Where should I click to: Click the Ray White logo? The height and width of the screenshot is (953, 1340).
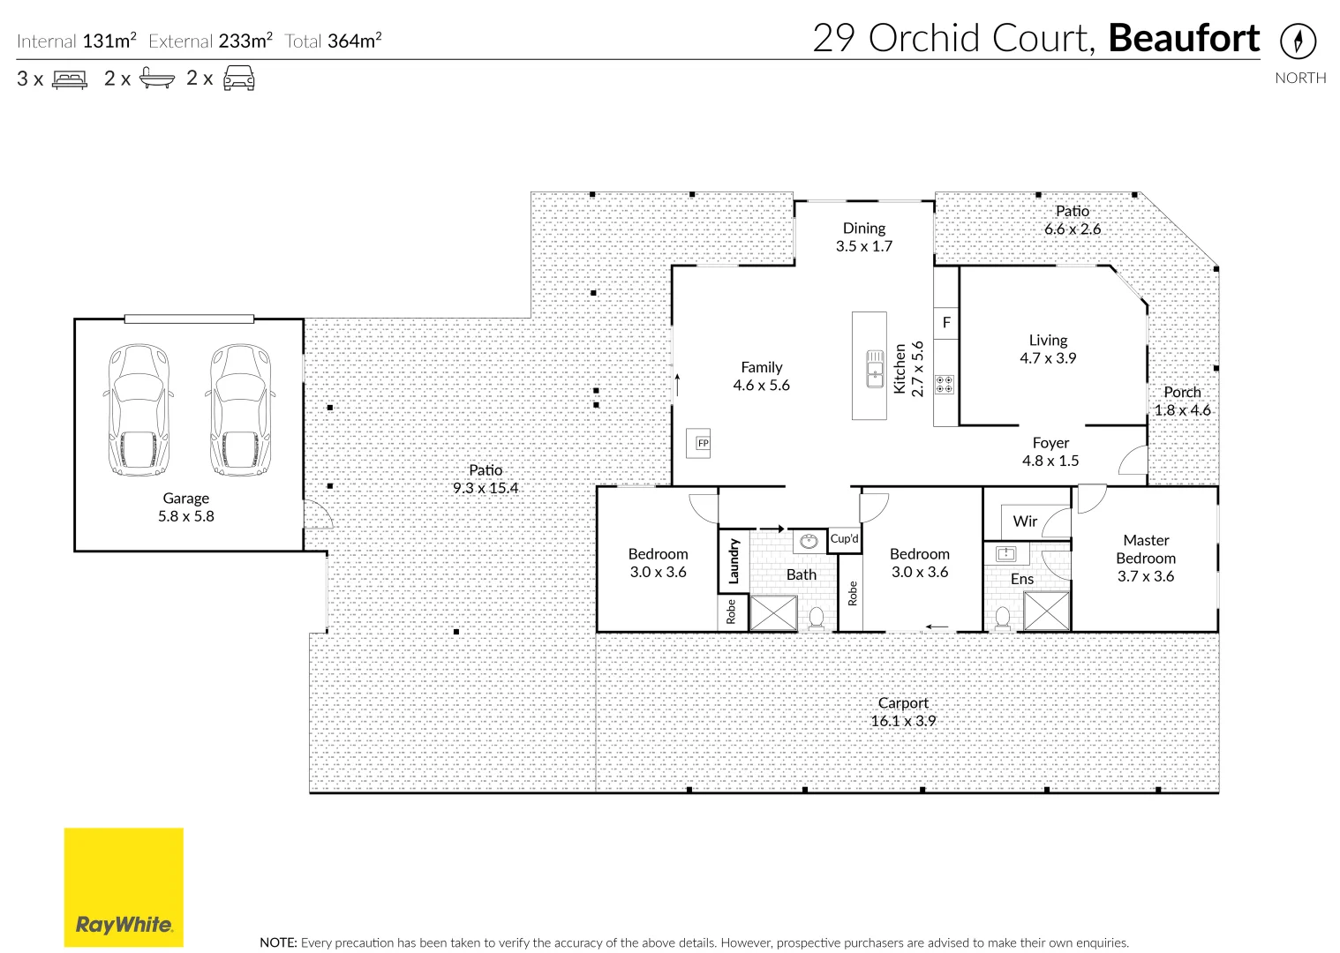click(124, 887)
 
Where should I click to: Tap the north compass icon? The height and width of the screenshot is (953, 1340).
click(1298, 41)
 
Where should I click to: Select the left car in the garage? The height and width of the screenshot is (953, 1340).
click(138, 409)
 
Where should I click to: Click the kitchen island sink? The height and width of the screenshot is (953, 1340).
click(875, 368)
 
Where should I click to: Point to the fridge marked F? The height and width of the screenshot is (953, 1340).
click(946, 323)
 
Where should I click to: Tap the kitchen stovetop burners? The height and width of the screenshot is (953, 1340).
click(945, 385)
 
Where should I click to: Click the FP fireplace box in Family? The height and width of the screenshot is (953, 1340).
click(702, 443)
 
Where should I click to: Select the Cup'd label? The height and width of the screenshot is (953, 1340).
click(844, 538)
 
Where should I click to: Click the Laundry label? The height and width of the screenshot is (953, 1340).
click(733, 561)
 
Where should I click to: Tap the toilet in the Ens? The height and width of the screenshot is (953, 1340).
click(1003, 617)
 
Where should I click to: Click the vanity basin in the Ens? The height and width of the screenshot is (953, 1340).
click(1005, 554)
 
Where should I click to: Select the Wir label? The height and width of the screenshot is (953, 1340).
click(1025, 521)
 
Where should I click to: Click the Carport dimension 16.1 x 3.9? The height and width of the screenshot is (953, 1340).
click(902, 721)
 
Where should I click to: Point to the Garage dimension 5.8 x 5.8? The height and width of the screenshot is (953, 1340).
click(185, 516)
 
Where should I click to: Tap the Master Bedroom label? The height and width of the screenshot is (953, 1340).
click(1145, 549)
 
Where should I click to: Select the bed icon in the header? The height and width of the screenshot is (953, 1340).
click(70, 79)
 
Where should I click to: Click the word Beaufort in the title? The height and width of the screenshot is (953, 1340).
click(1183, 39)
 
